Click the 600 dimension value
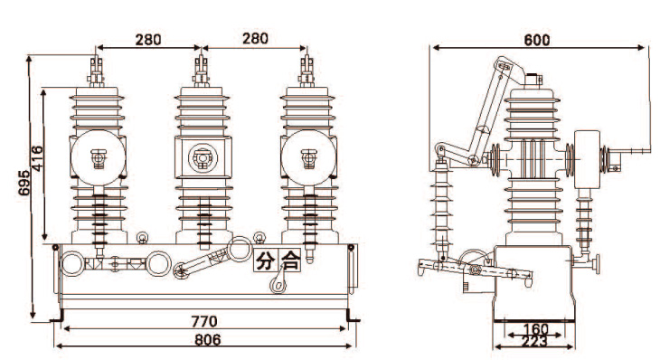click(537, 40)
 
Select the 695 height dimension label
click(24, 183)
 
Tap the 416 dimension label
click(37, 158)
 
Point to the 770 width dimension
click(204, 321)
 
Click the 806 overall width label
click(208, 340)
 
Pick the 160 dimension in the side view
click(535, 329)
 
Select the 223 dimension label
click(534, 342)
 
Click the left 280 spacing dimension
click(148, 40)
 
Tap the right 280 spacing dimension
click(255, 38)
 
